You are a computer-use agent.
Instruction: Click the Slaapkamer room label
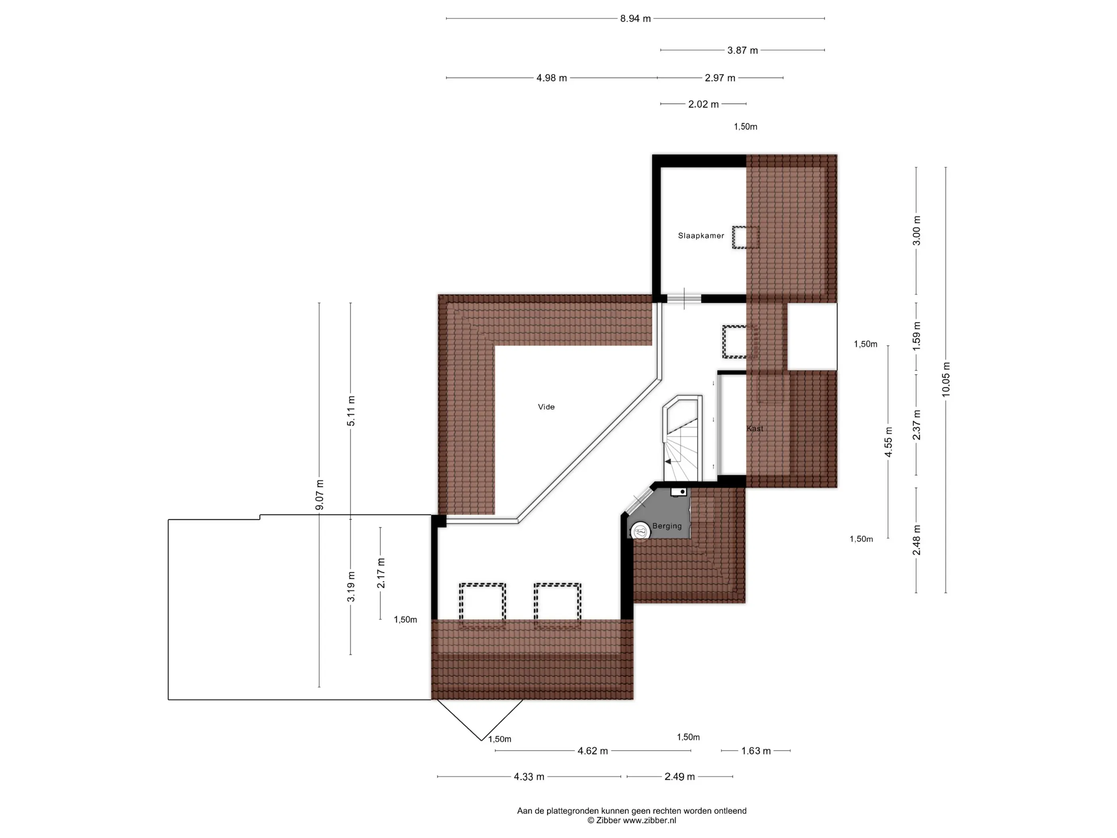[x=701, y=235]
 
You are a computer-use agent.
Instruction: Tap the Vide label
[x=547, y=407]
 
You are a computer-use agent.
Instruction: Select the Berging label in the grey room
[x=667, y=526]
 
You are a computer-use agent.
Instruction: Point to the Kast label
[x=755, y=428]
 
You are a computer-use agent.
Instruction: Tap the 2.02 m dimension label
[x=703, y=105]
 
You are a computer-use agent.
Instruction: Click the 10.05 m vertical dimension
[x=946, y=379]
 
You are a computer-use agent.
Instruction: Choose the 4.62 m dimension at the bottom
[x=593, y=751]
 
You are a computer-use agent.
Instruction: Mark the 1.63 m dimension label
[x=756, y=751]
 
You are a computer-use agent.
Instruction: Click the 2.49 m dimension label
[x=680, y=777]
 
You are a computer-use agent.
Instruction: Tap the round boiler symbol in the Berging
[x=640, y=531]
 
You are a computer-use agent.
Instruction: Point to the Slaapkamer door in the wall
[x=684, y=298]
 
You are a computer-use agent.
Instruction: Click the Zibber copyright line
[x=632, y=821]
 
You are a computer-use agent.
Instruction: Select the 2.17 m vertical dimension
[x=381, y=573]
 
